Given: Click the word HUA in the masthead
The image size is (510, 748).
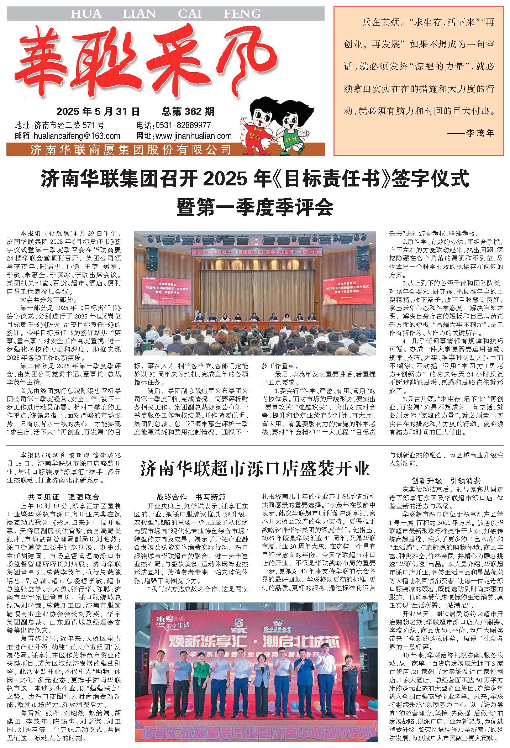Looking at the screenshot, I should point(86,14).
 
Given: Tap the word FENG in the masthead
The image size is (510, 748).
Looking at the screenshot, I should point(242,14).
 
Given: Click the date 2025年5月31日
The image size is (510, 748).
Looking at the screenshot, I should point(98,112).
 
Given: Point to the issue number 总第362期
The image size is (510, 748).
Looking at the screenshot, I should point(188,112).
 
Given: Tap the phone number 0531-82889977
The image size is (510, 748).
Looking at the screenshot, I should point(183,125).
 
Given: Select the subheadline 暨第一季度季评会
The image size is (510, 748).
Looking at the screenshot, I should point(255,207).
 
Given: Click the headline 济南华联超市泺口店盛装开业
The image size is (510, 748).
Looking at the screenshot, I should point(255,469).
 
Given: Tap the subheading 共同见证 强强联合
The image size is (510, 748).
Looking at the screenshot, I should point(64,497).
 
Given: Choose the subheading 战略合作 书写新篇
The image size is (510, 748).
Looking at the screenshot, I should point(191,497).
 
